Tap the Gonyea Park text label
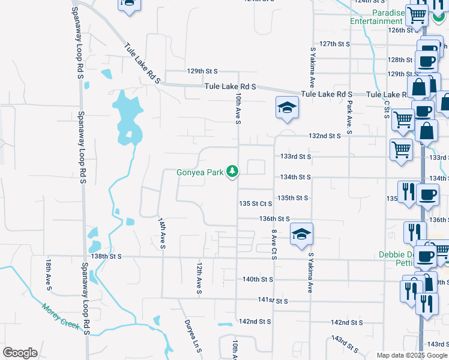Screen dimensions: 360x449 (199, 173)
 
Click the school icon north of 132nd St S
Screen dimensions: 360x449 (288, 108)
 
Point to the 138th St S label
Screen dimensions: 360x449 (106, 256)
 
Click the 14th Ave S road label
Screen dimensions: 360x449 (161, 233)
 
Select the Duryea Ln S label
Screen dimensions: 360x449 (191, 334)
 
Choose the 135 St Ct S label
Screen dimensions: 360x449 (256, 204)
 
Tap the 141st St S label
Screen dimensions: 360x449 (273, 301)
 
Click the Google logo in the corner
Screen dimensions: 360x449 (20, 353)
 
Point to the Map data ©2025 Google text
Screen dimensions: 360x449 (411, 355)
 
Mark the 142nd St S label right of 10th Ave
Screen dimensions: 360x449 (255, 322)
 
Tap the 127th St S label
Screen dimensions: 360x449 (334, 44)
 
